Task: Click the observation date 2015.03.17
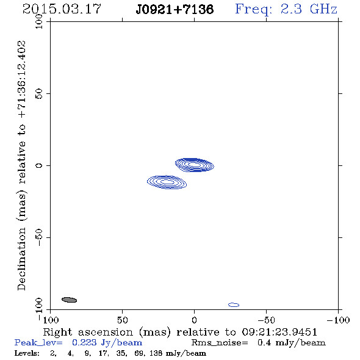click(x=62, y=9)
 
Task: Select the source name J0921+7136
click(x=175, y=10)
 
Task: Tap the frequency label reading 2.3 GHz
click(x=309, y=9)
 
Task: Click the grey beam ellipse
click(x=69, y=300)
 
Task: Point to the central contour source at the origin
click(x=195, y=165)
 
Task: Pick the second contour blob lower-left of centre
click(x=167, y=182)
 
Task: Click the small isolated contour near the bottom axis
click(x=234, y=304)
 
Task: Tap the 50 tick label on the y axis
click(x=39, y=94)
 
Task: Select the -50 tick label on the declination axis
click(x=39, y=237)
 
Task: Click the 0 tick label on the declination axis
click(x=39, y=165)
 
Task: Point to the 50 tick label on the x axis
click(x=122, y=320)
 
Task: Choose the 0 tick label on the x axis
click(x=194, y=320)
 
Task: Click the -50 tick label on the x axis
click(x=266, y=320)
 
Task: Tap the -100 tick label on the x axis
click(x=338, y=320)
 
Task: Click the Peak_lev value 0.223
click(x=84, y=342)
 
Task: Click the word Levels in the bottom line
click(x=27, y=353)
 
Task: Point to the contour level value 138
click(x=156, y=353)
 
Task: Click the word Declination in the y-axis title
click(x=21, y=259)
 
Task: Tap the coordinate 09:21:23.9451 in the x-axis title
click(x=279, y=332)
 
